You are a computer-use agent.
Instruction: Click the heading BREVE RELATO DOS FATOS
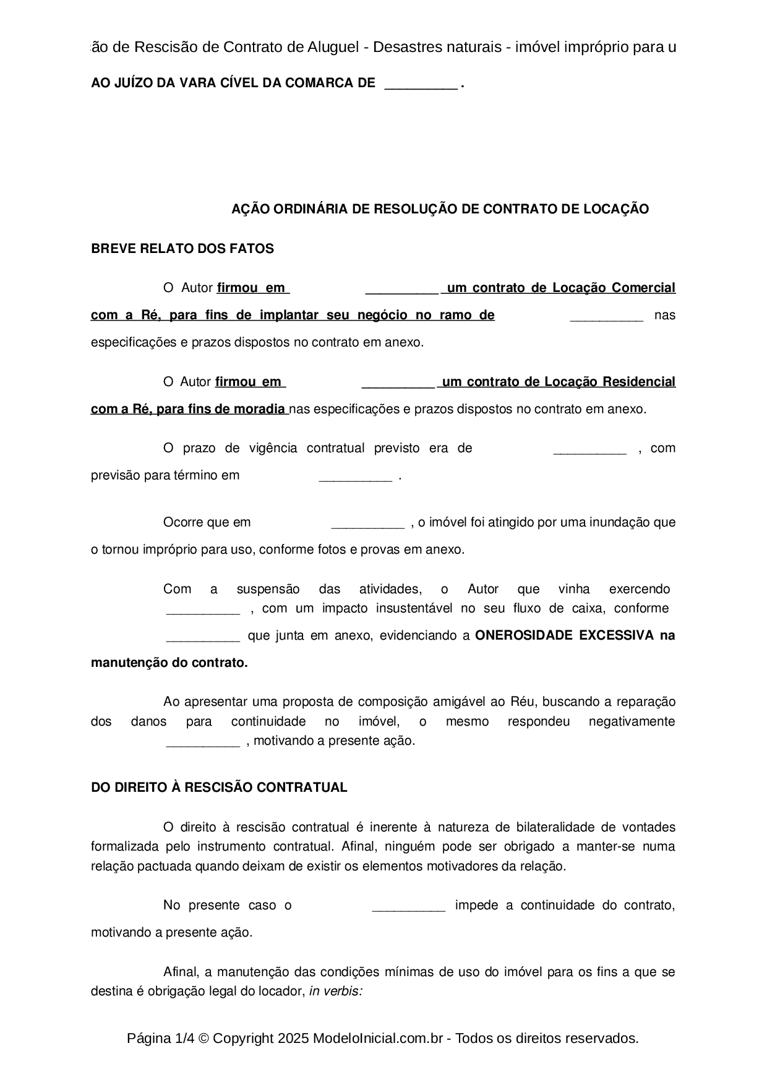(x=182, y=249)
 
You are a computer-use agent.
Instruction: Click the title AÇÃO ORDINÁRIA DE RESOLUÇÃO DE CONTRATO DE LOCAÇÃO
(x=440, y=209)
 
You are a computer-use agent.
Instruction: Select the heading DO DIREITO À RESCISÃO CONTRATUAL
(x=219, y=787)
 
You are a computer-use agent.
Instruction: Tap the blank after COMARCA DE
(x=421, y=84)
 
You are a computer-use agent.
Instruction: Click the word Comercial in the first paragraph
(x=643, y=288)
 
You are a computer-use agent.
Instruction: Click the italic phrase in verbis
(x=335, y=991)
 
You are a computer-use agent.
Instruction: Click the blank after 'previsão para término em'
(x=355, y=476)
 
